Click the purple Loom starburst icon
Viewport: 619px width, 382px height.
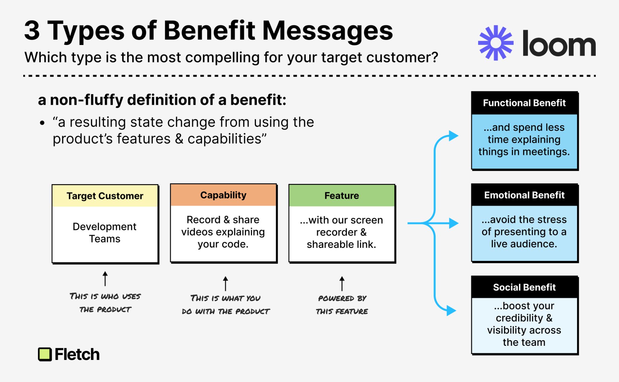pyautogui.click(x=496, y=43)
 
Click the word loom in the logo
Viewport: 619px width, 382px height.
pyautogui.click(x=559, y=44)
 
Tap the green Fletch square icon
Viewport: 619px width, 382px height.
pyautogui.click(x=45, y=354)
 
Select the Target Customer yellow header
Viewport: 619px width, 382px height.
pyautogui.click(x=105, y=196)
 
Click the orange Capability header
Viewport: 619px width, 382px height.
pyautogui.click(x=223, y=195)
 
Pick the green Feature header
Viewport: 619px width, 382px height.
pyautogui.click(x=342, y=195)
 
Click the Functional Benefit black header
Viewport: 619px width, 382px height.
pyautogui.click(x=524, y=103)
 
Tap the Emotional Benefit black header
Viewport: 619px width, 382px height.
pyautogui.click(x=524, y=195)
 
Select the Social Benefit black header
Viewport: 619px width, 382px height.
pyautogui.click(x=524, y=287)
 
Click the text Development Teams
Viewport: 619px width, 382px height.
pyautogui.click(x=105, y=233)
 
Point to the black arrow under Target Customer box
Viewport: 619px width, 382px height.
pyautogui.click(x=105, y=278)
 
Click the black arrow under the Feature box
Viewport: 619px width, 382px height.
pyautogui.click(x=342, y=283)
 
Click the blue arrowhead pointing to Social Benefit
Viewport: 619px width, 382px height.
pyautogui.click(x=451, y=310)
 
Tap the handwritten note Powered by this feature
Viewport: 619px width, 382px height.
pyautogui.click(x=342, y=305)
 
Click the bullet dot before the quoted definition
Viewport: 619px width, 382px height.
pyautogui.click(x=42, y=123)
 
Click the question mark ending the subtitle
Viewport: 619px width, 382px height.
pyautogui.click(x=434, y=57)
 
